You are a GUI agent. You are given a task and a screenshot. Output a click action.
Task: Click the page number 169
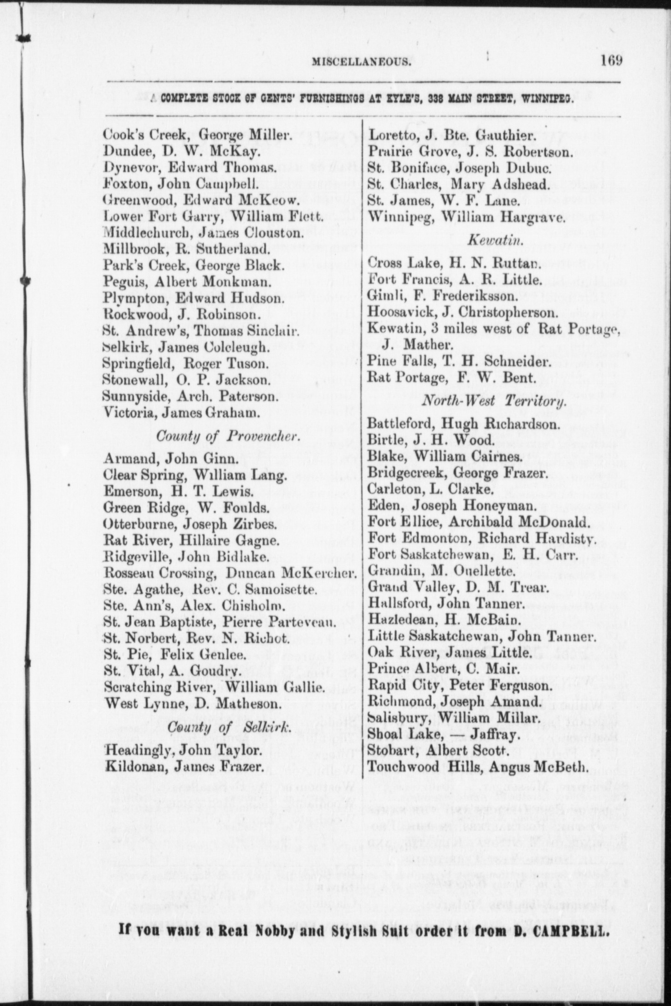coord(611,61)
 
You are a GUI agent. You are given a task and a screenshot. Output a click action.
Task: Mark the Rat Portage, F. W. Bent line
coord(450,378)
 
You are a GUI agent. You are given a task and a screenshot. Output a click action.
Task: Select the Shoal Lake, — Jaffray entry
coord(443,734)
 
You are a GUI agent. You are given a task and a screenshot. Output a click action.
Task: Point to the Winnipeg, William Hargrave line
coord(466,217)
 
